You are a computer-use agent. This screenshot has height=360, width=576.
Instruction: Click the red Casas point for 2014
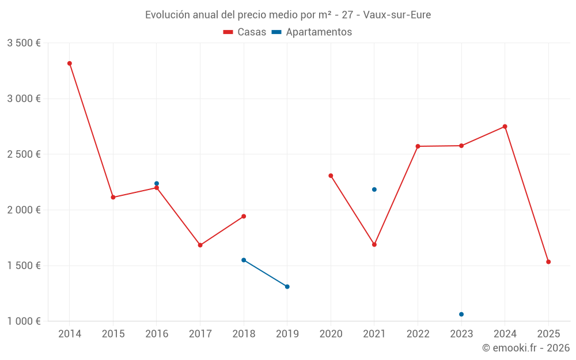point(69,63)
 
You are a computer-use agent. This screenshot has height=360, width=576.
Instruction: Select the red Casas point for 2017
point(200,245)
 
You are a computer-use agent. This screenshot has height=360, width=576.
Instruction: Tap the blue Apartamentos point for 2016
point(157,184)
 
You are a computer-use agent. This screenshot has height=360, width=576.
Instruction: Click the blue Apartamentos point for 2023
point(461,314)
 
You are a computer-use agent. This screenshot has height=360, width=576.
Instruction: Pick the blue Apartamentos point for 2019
point(287,287)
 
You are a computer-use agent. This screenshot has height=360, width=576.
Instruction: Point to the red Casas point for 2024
point(505,127)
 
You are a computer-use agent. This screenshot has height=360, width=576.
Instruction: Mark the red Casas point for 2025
point(548,262)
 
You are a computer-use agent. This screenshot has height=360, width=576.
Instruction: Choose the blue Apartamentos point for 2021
point(374,190)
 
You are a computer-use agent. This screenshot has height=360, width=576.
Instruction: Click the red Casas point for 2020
point(331,176)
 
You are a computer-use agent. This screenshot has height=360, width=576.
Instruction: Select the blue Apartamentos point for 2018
point(244,260)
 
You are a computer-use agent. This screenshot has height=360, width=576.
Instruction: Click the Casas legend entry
point(245,32)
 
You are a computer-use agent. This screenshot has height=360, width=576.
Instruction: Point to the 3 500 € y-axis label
point(24,43)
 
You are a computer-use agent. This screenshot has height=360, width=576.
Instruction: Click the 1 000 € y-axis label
point(24,321)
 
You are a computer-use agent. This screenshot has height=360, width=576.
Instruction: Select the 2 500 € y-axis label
point(24,154)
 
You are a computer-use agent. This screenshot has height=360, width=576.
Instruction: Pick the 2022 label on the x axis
point(418,334)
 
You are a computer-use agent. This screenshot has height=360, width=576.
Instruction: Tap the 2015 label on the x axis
point(113,334)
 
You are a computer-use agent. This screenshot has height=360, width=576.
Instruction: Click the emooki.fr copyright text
point(525,348)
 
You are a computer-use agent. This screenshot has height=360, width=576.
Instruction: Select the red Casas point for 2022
point(418,146)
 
